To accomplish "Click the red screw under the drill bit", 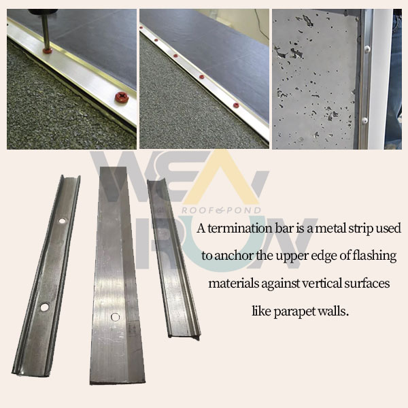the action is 48,50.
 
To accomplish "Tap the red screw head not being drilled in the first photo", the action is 122,97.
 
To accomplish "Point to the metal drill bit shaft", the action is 46,31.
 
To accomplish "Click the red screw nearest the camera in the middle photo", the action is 236,105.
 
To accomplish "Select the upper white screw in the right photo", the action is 367,48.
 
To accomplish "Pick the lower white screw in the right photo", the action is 364,120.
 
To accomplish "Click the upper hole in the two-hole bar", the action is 62,221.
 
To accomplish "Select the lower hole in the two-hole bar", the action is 44,307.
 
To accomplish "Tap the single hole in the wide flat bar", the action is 116,317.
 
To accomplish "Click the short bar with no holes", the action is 173,258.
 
